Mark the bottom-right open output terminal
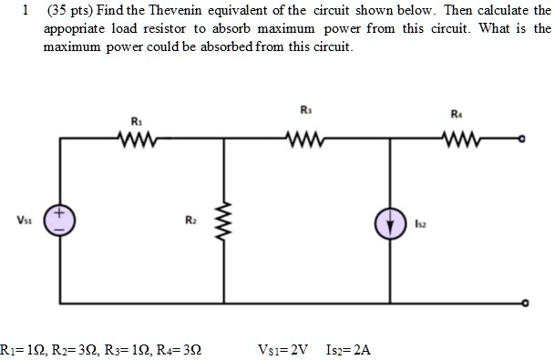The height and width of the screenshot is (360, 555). (x=521, y=303)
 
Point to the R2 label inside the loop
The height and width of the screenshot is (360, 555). (x=189, y=220)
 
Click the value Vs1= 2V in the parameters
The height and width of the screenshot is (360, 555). (x=285, y=349)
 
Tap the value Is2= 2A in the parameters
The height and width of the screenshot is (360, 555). (x=347, y=349)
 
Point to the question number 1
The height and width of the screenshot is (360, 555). (x=27, y=12)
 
